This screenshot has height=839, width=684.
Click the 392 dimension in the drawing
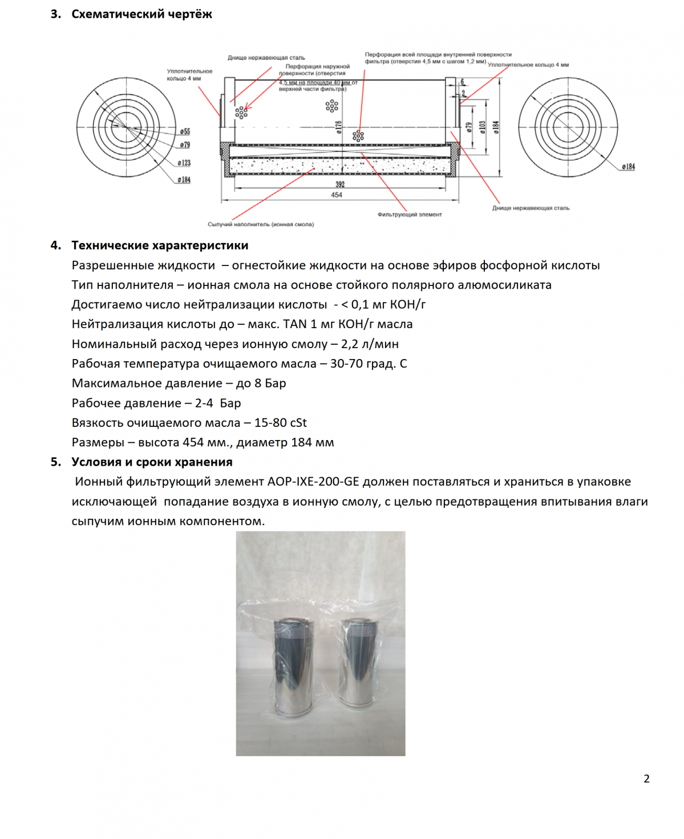[340, 184]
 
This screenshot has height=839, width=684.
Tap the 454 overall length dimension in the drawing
[337, 195]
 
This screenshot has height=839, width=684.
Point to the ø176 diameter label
[338, 127]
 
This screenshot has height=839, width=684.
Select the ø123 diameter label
[184, 163]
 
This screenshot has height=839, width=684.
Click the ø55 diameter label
[185, 132]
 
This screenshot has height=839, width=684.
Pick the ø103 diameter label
[482, 127]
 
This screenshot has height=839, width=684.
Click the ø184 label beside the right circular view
[628, 167]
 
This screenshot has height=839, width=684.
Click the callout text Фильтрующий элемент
[409, 215]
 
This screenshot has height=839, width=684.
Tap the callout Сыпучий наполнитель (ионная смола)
[261, 224]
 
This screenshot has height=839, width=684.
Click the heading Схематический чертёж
[141, 14]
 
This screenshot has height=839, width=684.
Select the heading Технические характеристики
[160, 245]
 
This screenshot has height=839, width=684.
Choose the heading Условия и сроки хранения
[152, 462]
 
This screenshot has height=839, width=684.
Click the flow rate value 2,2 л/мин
[370, 344]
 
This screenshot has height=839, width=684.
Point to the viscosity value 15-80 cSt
[280, 423]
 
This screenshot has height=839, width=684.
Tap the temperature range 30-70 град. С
[369, 364]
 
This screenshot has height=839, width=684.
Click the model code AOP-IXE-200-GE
[313, 482]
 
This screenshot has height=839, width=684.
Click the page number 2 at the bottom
[646, 779]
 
